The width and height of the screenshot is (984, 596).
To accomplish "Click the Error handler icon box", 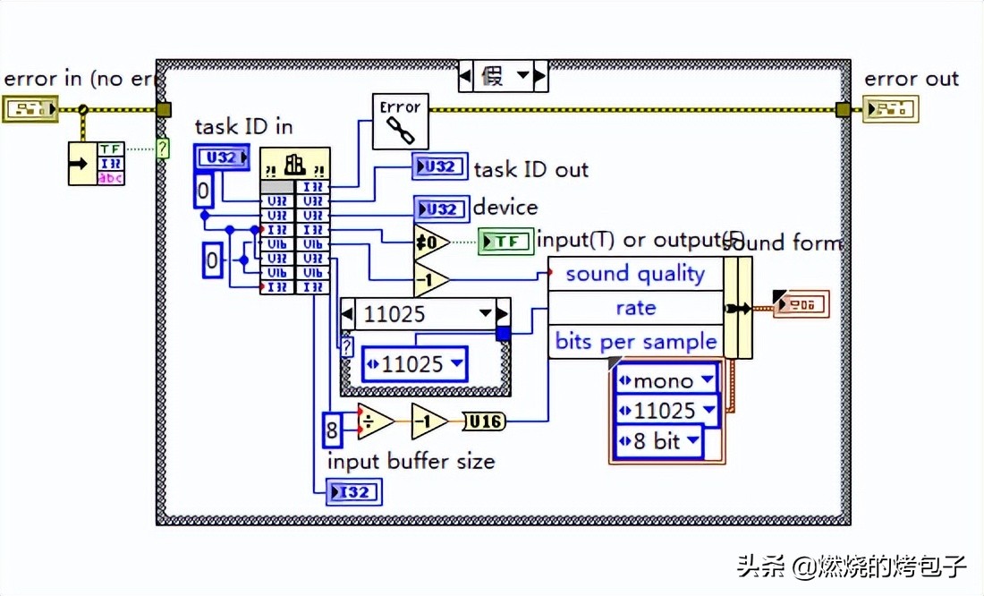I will pos(400,121).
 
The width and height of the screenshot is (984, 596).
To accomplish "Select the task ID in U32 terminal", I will pos(215,158).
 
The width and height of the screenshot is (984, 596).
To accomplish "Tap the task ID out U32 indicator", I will pos(439,167).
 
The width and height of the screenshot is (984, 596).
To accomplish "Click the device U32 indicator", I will pos(440,209).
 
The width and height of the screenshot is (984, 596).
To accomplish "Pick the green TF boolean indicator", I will pos(505,242).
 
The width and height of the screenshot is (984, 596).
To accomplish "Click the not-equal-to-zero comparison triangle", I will pos(430,242).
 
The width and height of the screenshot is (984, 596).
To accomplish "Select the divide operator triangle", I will pos(375,421).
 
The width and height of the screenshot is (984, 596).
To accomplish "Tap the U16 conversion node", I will pos(484,421).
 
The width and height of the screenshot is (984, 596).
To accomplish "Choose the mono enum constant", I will pos(666,379).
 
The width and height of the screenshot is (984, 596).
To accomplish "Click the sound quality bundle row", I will pos(634,274).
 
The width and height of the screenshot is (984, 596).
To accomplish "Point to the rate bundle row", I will pos(634,308).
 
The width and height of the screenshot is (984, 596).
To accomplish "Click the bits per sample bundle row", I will pos(634,341).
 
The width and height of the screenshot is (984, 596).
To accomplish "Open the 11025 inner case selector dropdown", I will pos(486,314).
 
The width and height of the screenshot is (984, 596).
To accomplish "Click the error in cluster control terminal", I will pos(30,109).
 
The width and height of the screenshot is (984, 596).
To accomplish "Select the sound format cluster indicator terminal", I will pos(802,305).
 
